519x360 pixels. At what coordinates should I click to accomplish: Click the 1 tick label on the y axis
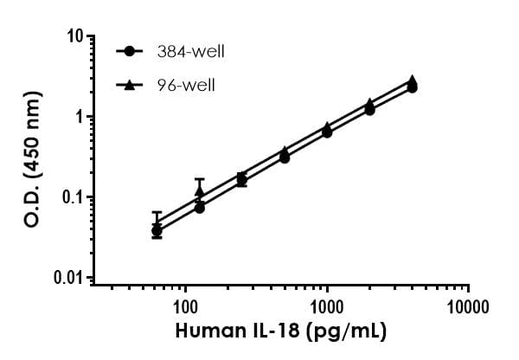coord(79,117)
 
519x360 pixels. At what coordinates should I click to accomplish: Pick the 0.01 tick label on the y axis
coord(70,278)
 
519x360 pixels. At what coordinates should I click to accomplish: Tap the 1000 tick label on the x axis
coord(327,305)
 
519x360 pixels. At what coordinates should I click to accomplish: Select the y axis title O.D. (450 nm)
coord(32,157)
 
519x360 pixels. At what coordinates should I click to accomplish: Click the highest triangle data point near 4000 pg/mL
coord(413,80)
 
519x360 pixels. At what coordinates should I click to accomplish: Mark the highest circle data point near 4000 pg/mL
coord(413,87)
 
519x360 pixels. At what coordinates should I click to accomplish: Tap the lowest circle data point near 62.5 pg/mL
coord(157,231)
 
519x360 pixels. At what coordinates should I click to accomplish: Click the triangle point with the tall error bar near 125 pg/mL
coord(200,191)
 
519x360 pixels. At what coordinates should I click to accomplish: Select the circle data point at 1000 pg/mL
coord(327,132)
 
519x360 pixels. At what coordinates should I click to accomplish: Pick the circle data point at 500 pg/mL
coord(285,157)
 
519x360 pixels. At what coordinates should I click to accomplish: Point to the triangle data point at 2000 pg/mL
coord(370,103)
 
